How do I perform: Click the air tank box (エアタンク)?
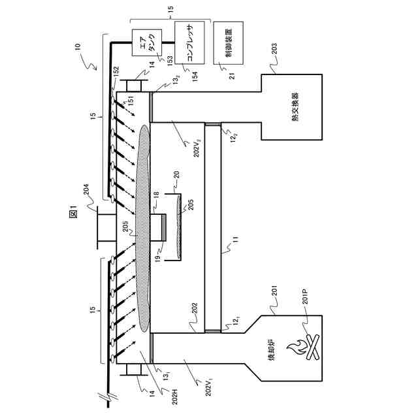pos(147,42)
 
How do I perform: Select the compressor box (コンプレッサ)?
pos(189,42)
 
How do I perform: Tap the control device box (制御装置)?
pos(229,42)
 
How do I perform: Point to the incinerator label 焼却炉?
pos(272,350)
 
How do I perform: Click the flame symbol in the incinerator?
pos(297,347)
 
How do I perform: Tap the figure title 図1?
pos(73,212)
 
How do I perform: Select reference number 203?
pos(274,49)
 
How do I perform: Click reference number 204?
pos(86,190)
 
